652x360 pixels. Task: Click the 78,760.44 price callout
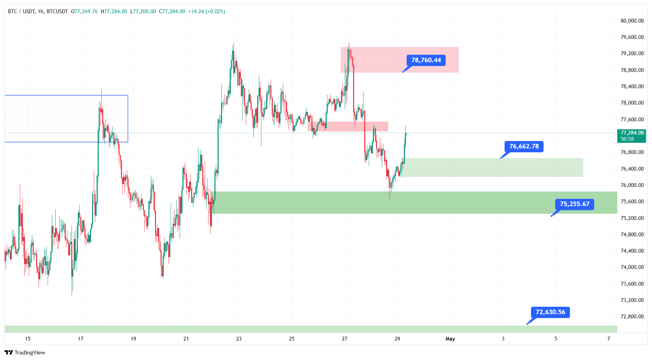point(426,60)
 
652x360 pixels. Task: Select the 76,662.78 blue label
point(524,146)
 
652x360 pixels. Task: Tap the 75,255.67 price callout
point(574,204)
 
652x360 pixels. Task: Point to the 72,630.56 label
point(550,312)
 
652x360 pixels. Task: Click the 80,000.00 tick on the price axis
point(632,21)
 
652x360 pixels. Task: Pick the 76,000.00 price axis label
point(632,185)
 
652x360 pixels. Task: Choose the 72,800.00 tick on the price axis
point(632,317)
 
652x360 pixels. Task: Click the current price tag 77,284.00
point(632,133)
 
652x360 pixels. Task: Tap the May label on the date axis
point(450,339)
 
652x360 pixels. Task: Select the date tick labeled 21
point(186,339)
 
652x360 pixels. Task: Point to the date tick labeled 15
point(28,339)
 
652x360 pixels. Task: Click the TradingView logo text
point(30,353)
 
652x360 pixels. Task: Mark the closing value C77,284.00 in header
point(172,11)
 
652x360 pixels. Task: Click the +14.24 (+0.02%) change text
point(206,11)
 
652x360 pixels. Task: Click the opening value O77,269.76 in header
point(84,11)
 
